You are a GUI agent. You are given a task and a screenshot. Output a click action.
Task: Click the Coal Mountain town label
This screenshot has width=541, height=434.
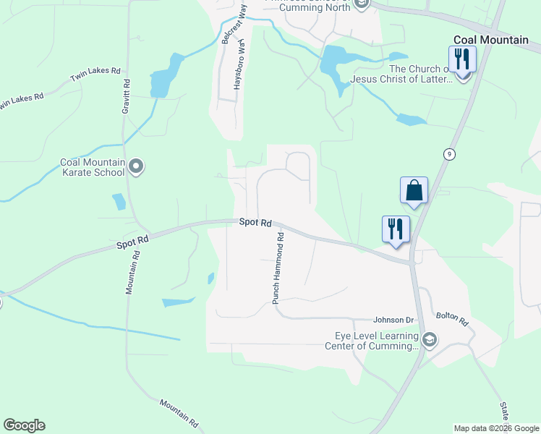click(490, 40)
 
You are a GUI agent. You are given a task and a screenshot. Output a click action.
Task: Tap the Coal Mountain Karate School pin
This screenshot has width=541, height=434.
click(136, 167)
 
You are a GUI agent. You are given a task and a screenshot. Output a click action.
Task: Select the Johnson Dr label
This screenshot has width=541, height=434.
click(393, 320)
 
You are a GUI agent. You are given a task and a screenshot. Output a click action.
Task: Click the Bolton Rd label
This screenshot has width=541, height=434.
click(452, 318)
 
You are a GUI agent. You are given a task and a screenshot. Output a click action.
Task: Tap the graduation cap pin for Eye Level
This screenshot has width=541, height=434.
click(430, 340)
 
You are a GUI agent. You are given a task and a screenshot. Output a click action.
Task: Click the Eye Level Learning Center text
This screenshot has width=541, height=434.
click(377, 341)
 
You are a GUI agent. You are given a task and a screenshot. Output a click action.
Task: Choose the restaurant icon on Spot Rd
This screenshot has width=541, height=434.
click(396, 229)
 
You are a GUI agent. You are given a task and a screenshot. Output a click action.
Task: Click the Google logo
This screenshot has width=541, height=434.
click(24, 425)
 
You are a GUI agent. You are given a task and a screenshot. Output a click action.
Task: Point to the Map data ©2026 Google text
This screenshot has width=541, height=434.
click(496, 428)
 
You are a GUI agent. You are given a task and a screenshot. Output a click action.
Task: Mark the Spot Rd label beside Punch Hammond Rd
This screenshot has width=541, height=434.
click(255, 224)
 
